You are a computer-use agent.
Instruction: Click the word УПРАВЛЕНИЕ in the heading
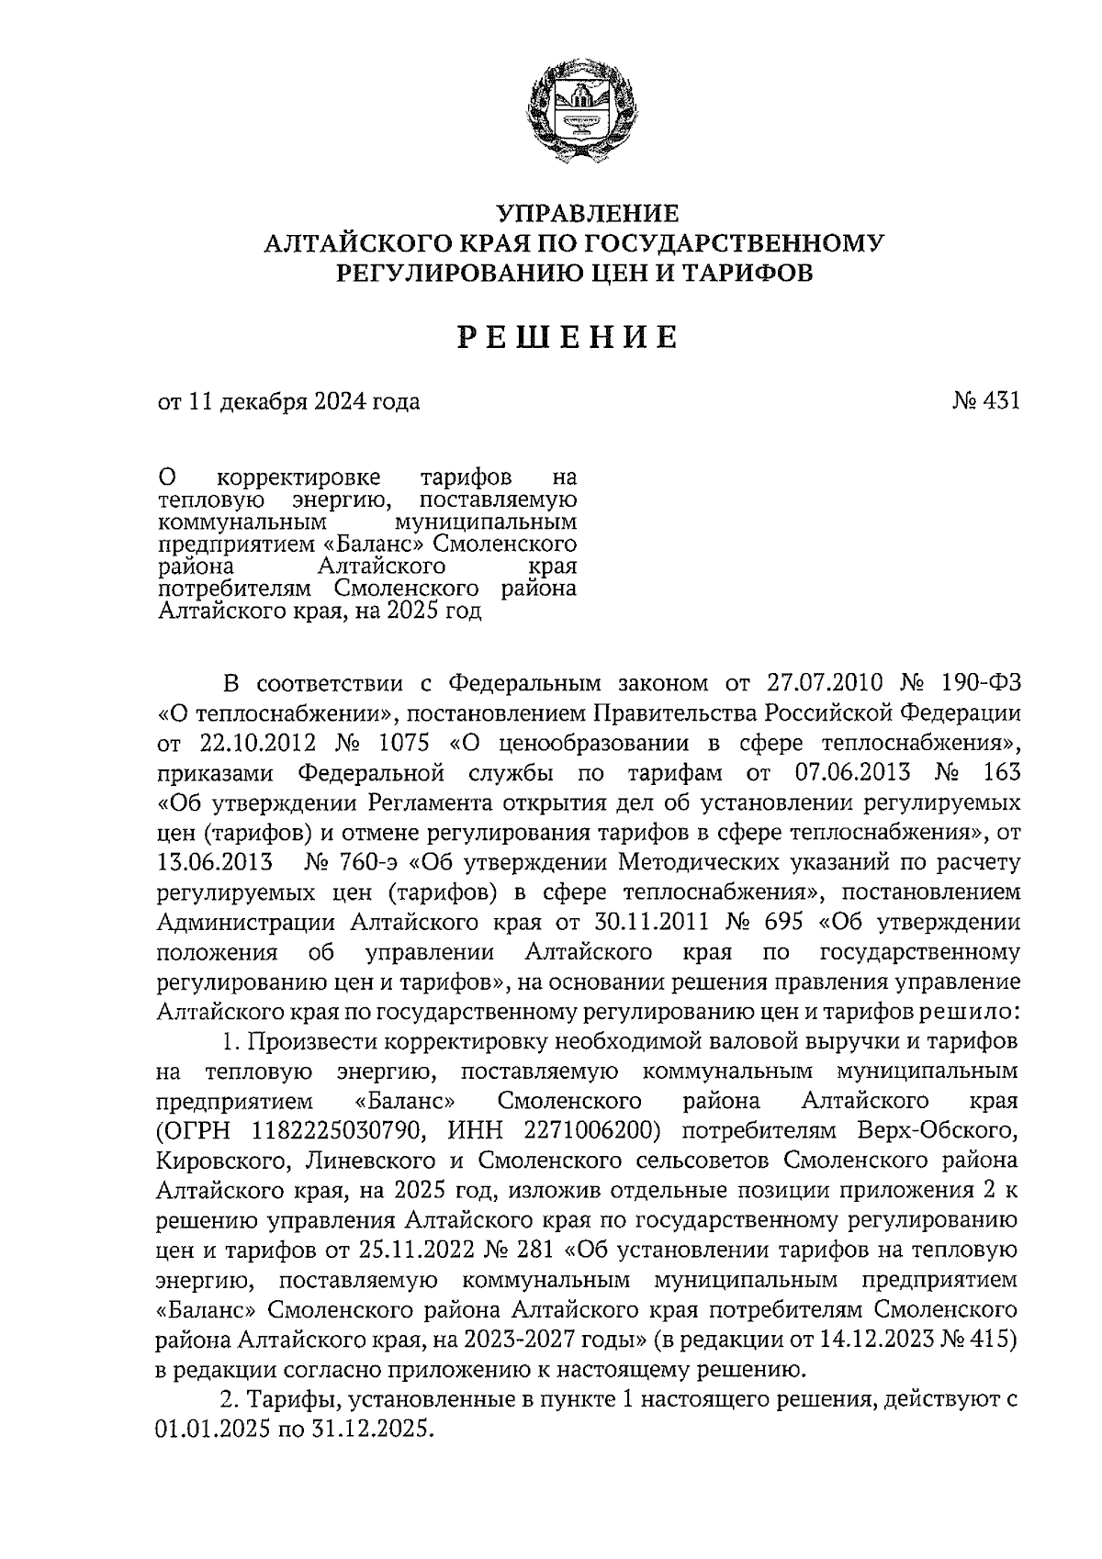[x=588, y=214]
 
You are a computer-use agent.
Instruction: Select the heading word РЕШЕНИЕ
[x=569, y=339]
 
